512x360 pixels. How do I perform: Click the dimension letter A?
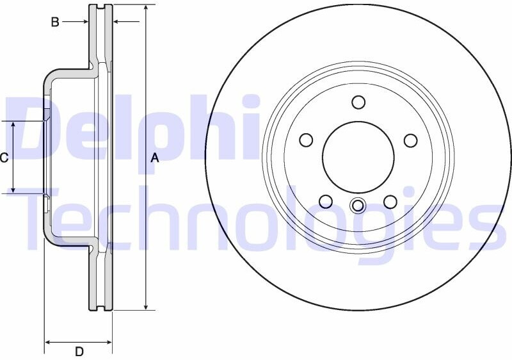coord(155,158)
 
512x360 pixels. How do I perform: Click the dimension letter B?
coord(55,22)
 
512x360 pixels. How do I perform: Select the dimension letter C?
coord(4,158)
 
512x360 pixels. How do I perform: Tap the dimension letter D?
coord(79,352)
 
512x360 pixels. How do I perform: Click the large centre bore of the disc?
coord(358,158)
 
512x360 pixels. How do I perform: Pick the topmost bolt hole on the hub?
coord(358,102)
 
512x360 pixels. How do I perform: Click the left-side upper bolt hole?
coord(306,140)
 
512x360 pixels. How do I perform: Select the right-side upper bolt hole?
coord(410,140)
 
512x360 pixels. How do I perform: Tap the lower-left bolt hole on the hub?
coord(326,202)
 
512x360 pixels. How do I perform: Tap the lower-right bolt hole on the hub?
coord(390,202)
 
